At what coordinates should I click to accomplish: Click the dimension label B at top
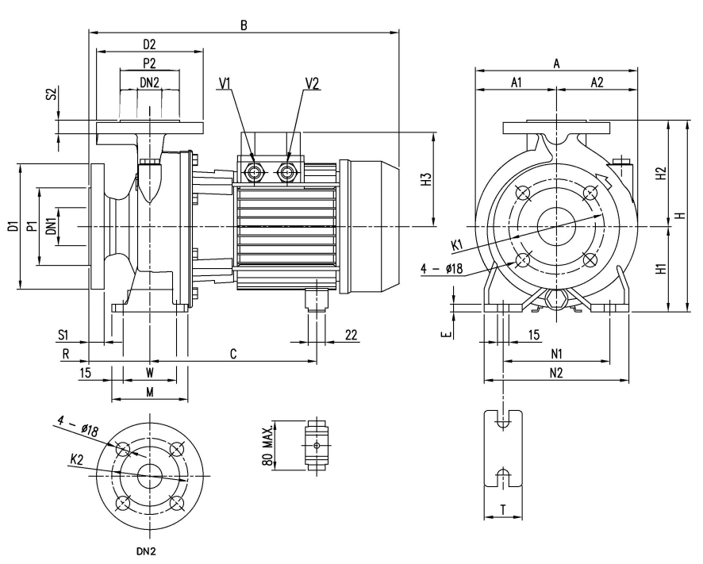[244, 25]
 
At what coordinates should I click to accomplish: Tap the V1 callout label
[225, 83]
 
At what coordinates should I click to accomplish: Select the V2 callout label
[313, 83]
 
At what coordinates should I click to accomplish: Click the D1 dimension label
[13, 226]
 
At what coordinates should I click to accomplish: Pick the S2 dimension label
[52, 94]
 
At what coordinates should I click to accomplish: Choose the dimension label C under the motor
[233, 354]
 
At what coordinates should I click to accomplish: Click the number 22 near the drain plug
[351, 335]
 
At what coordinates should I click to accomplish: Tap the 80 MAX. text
[267, 444]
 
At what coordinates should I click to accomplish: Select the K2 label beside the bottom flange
[77, 459]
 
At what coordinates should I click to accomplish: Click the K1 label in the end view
[457, 245]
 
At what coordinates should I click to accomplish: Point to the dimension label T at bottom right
[503, 510]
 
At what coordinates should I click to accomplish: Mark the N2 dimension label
[556, 373]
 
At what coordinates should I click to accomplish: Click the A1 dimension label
[517, 82]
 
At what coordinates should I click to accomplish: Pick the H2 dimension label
[661, 174]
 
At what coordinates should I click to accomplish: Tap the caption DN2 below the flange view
[146, 551]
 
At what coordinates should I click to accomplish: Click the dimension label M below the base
[150, 393]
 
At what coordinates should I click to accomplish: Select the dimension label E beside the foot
[446, 335]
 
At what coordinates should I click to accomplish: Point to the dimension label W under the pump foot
[150, 373]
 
